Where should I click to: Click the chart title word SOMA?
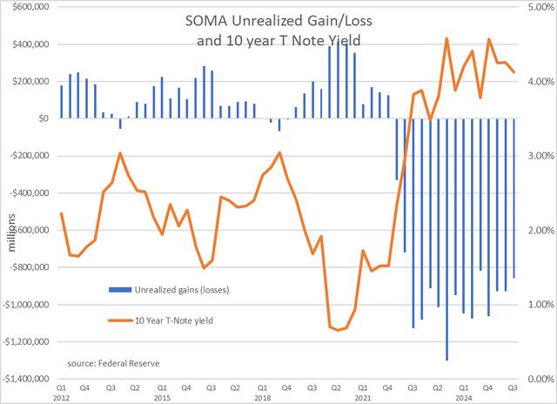(x=200, y=24)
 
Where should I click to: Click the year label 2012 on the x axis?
(x=62, y=397)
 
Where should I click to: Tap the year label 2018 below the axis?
(x=263, y=397)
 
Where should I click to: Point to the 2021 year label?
(x=363, y=397)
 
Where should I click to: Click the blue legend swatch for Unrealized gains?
(x=104, y=289)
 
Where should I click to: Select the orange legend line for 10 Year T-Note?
(x=104, y=320)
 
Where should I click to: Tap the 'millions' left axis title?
(x=12, y=235)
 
